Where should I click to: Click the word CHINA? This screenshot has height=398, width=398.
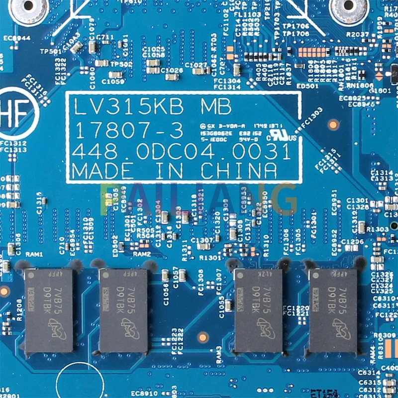click(x=239, y=171)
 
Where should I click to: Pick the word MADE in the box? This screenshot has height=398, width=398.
click(x=102, y=171)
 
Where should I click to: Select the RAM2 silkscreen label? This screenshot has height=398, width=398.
click(x=141, y=254)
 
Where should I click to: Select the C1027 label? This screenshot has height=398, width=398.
click(x=196, y=65)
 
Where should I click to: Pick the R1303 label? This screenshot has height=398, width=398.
click(x=377, y=229)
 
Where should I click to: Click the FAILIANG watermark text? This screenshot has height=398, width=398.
click(x=199, y=199)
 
